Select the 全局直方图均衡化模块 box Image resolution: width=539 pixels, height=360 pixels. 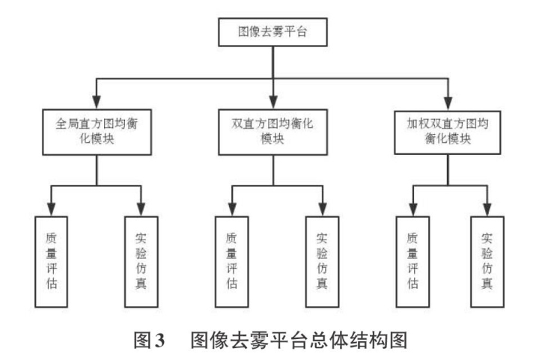[x=97, y=132]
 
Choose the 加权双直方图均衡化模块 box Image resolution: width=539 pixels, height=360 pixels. [x=447, y=132]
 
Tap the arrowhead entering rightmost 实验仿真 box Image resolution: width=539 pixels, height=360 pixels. [x=487, y=210]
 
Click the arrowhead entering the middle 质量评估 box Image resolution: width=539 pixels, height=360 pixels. [x=231, y=210]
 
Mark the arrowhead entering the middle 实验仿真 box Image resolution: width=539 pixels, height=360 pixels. [x=322, y=210]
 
